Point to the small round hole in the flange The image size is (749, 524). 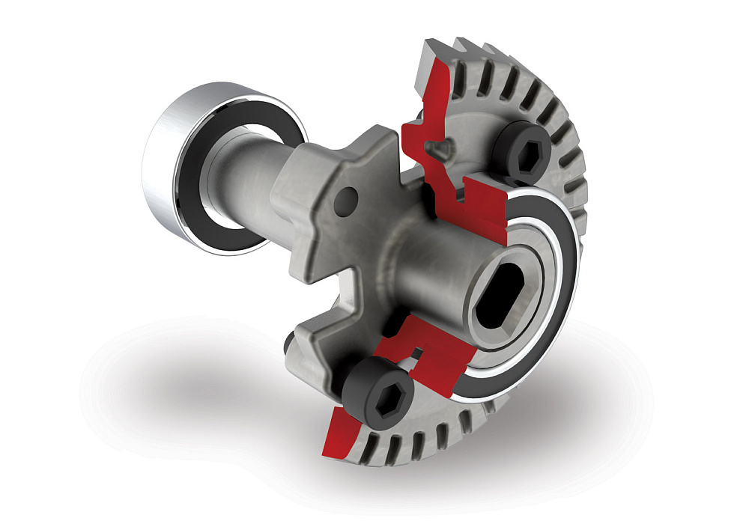[x=347, y=199]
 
